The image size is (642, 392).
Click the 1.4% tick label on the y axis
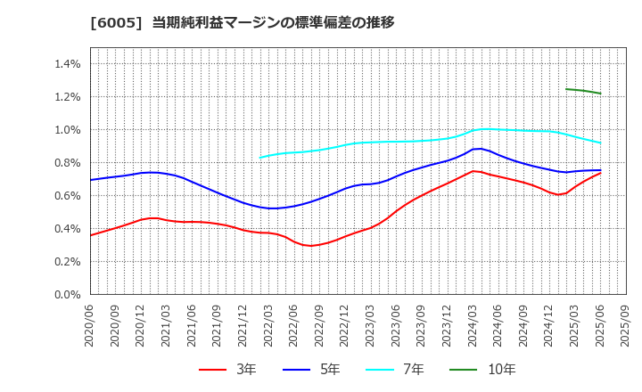click(68, 64)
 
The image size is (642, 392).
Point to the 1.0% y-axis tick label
click(68, 130)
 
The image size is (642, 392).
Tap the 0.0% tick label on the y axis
click(68, 295)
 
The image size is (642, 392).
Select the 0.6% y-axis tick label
click(68, 196)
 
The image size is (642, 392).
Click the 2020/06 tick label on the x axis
click(90, 326)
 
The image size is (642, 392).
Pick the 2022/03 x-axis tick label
click(269, 326)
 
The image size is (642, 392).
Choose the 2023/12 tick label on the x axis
click(448, 326)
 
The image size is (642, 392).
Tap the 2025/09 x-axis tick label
click(626, 326)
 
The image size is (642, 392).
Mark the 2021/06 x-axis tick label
click(193, 326)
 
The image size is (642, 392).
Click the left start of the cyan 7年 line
click(260, 158)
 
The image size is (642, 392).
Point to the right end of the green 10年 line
click(600, 94)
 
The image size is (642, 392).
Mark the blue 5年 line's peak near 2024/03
click(480, 149)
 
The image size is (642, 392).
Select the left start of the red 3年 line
click(90, 235)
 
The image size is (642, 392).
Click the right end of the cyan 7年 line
click(600, 143)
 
